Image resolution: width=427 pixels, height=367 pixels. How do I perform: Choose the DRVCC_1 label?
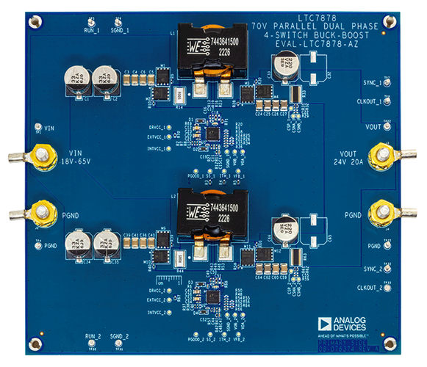[x=158, y=126]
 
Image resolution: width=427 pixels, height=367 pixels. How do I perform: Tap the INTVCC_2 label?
[x=157, y=311]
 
